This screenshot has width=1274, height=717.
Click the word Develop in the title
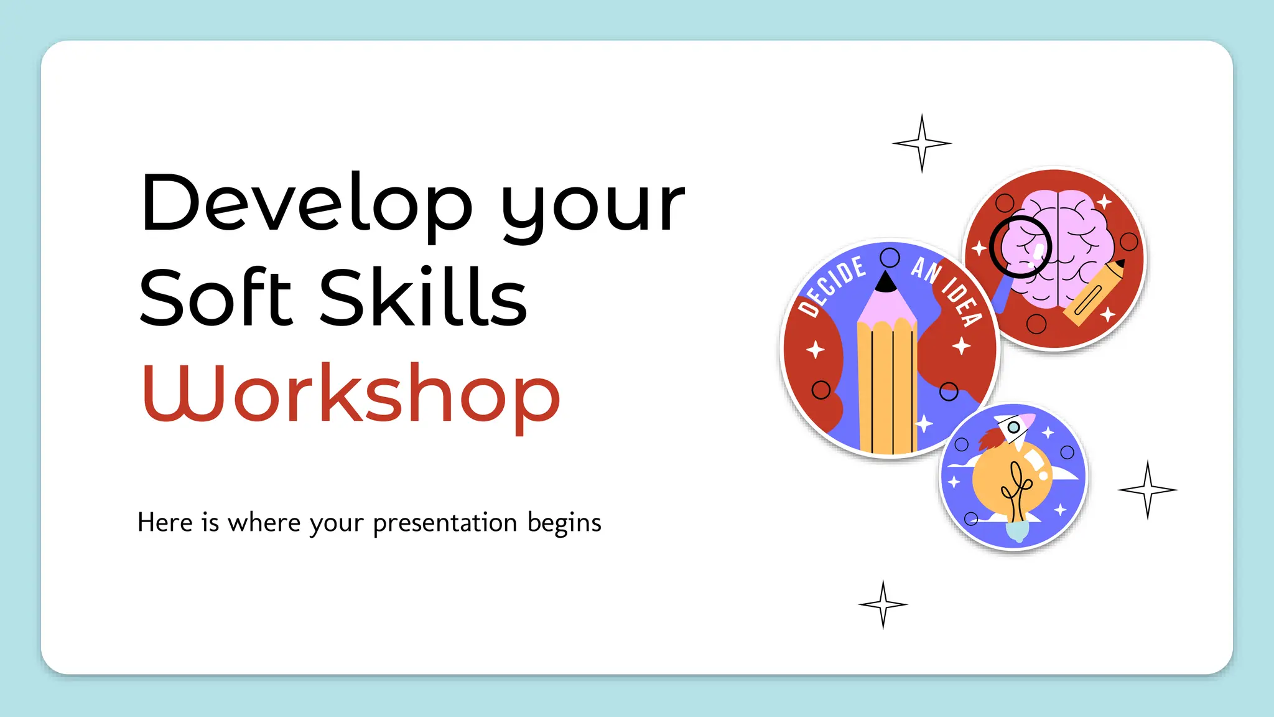pyautogui.click(x=306, y=204)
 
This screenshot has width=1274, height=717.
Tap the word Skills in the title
pyautogui.click(x=423, y=298)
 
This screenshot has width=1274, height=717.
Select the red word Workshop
pyautogui.click(x=351, y=392)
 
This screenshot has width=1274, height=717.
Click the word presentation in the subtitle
pyautogui.click(x=445, y=523)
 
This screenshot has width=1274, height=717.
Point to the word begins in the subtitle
pyautogui.click(x=564, y=523)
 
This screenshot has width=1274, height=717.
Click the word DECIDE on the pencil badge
pyautogui.click(x=832, y=285)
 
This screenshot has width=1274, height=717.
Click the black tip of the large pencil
pyautogui.click(x=886, y=283)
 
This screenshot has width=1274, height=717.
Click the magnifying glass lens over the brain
pyautogui.click(x=1020, y=246)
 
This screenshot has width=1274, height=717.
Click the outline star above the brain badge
pyautogui.click(x=922, y=143)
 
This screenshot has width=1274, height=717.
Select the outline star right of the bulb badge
pyautogui.click(x=1148, y=490)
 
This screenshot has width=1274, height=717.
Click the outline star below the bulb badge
pyautogui.click(x=883, y=604)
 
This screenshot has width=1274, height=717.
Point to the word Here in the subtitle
pyautogui.click(x=165, y=523)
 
